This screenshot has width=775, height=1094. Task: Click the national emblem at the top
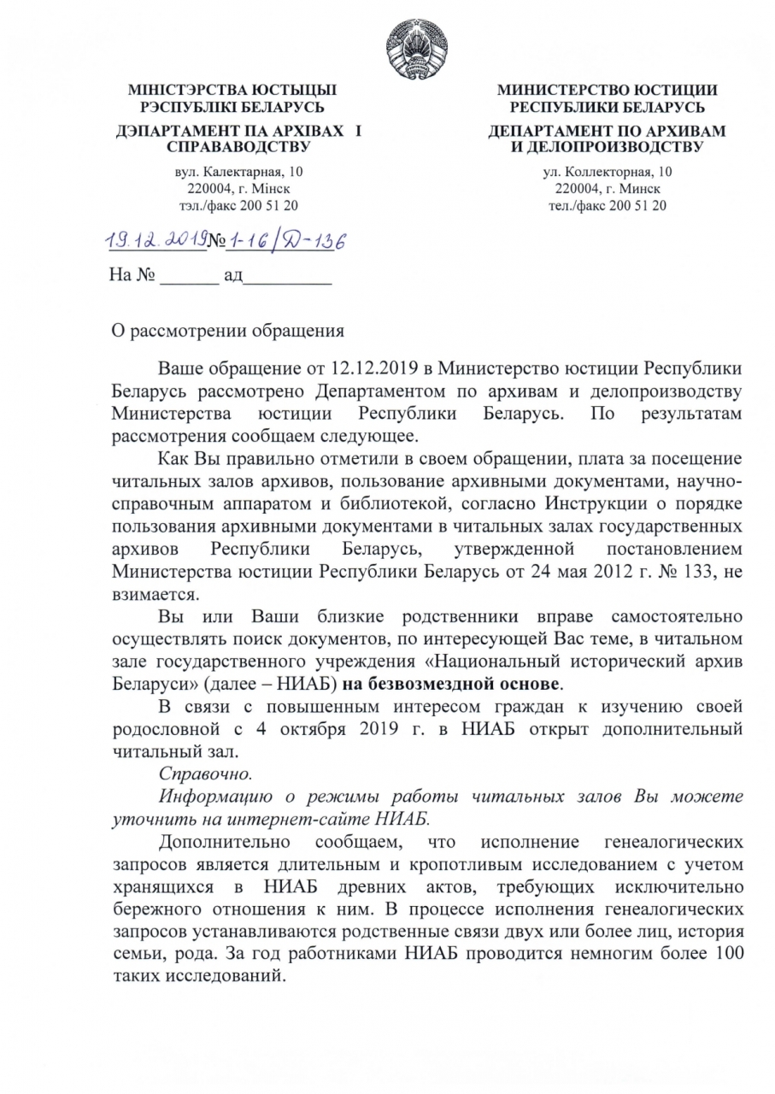click(412, 44)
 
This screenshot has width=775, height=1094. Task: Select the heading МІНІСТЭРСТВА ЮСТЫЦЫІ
click(232, 90)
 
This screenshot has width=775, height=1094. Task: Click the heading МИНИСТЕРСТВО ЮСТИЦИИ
click(607, 90)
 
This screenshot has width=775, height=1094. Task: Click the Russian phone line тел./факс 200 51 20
click(607, 205)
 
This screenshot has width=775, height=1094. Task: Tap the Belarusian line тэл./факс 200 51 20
click(232, 205)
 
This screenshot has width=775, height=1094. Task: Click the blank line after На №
click(189, 278)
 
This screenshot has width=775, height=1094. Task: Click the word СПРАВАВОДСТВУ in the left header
click(232, 147)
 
